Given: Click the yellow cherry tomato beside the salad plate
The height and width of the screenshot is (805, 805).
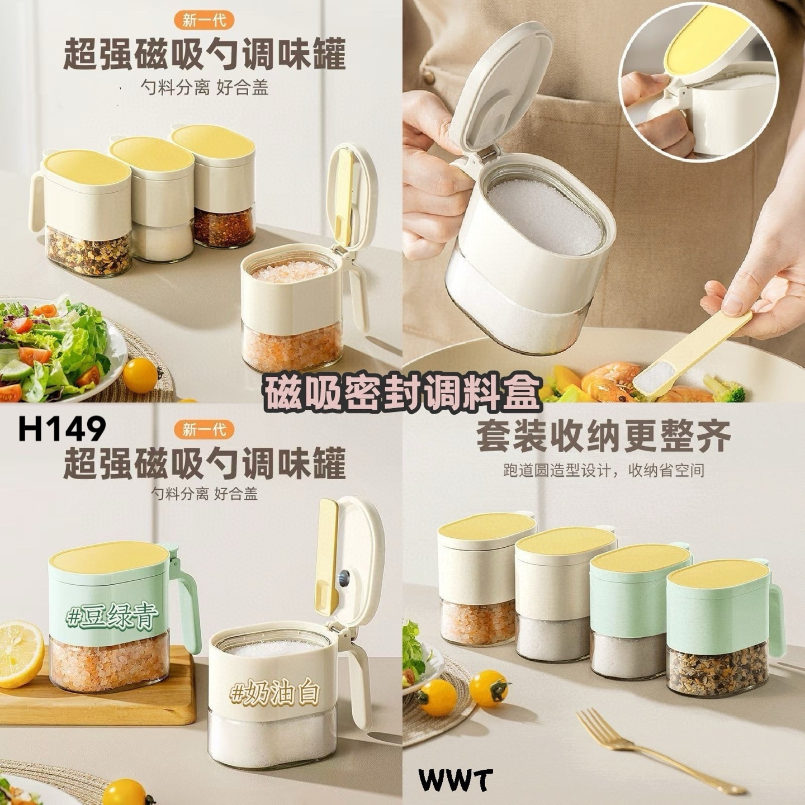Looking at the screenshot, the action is pos(140,375).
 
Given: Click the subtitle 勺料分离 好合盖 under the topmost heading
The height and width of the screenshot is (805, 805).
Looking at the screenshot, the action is pos(205,88).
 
